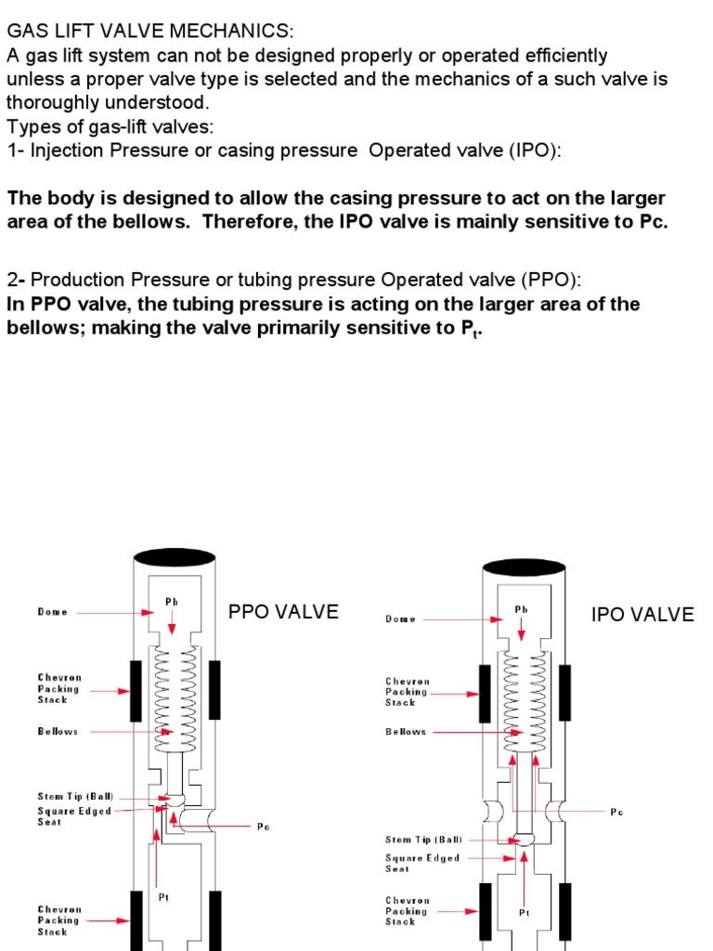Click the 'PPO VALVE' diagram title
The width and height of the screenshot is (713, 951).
[283, 612]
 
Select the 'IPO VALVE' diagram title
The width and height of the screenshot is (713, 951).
[642, 615]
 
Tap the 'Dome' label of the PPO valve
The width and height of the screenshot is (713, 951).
[53, 612]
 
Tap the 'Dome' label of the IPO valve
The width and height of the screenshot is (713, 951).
[401, 619]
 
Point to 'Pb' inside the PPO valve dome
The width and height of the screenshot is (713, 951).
[172, 602]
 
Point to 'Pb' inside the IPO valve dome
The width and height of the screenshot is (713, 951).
[522, 609]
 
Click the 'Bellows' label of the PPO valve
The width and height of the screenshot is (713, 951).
[58, 732]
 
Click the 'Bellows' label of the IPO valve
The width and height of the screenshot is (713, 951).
[406, 732]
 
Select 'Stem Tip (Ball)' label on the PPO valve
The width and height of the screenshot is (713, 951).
[75, 797]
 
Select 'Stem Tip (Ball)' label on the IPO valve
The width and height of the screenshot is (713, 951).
[422, 840]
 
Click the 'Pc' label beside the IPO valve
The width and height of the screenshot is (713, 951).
[617, 812]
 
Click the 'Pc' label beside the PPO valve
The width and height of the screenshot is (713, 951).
[264, 827]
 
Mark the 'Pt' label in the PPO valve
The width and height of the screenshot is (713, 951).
[164, 898]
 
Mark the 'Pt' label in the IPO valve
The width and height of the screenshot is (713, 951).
[525, 913]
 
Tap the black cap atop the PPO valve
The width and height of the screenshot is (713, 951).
[175, 558]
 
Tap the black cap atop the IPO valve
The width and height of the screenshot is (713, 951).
[524, 567]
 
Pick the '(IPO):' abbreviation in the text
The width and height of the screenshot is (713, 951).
[534, 150]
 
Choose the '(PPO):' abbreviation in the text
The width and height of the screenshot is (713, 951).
[552, 280]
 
